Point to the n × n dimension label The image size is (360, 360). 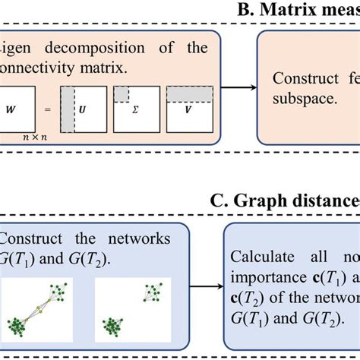[x=33, y=138]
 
